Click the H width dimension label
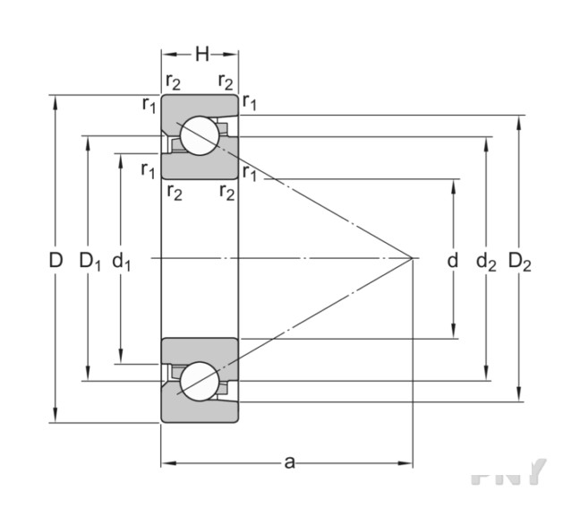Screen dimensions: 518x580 pos(201,54)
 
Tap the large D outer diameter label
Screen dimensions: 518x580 pos(55,261)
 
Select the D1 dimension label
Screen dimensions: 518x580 pos(89,261)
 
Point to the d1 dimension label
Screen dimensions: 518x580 pos(122,261)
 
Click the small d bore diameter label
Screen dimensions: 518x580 pos(453,261)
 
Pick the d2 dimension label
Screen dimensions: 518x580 pos(486,261)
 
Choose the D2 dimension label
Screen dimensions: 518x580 pos(520,261)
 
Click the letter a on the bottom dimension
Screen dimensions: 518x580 pos(288,462)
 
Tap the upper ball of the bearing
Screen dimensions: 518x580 pos(199,136)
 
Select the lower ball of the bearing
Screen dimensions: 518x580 pos(199,381)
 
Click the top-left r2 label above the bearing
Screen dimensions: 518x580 pos(173,82)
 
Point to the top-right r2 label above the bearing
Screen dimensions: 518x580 pos(226,82)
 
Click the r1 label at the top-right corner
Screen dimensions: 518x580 pos(250,105)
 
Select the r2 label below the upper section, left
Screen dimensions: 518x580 pos(173,191)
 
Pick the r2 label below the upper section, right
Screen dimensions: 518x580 pos(226,191)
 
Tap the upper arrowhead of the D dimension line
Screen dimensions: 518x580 pos(55,99)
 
